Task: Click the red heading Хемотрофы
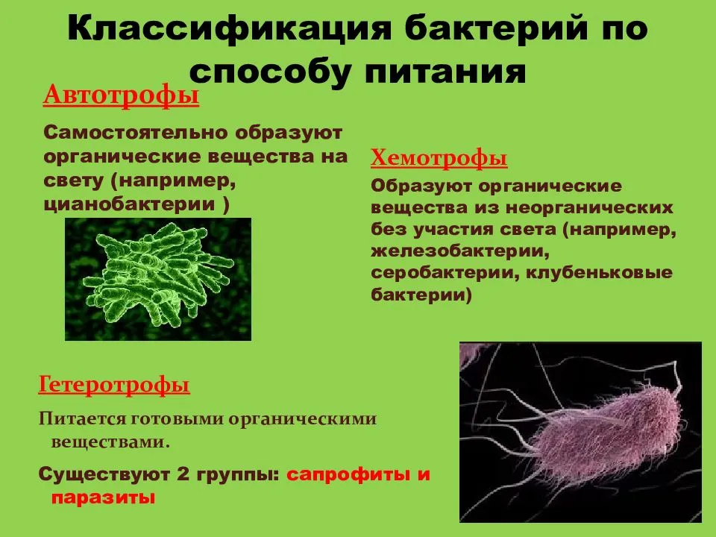(x=439, y=158)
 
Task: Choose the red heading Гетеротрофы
(x=114, y=386)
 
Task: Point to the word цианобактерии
(x=131, y=204)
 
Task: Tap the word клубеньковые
(x=600, y=272)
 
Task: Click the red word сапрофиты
(x=347, y=474)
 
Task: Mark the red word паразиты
(x=103, y=497)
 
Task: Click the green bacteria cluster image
(x=159, y=278)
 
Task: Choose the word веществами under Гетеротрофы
(x=110, y=442)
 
